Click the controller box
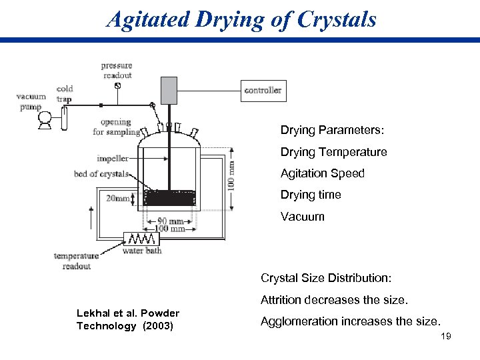[263, 91]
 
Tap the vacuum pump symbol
[45, 119]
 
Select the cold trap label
[65, 93]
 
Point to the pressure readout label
[117, 70]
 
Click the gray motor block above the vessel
[169, 91]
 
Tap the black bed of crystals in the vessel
[171, 197]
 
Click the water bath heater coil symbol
[141, 239]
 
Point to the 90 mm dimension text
[171, 221]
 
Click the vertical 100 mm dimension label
[231, 173]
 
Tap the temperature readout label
[76, 261]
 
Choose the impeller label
[113, 159]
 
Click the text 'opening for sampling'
[116, 127]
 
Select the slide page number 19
[446, 336]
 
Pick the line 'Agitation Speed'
[322, 173]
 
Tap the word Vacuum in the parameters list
[302, 216]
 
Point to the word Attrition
[282, 299]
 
